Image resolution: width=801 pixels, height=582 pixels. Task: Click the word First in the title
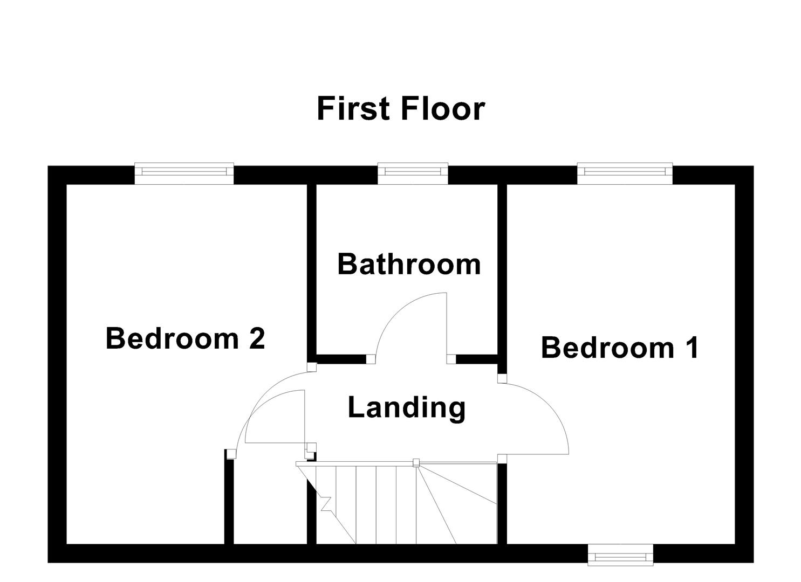tap(353, 108)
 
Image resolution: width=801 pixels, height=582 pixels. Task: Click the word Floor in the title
tap(442, 108)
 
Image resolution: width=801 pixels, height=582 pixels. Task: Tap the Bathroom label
tap(409, 264)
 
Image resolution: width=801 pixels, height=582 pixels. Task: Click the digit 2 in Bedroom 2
tap(256, 338)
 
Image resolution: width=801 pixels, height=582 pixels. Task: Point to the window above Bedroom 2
tap(184, 171)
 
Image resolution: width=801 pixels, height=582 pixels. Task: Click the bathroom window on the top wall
tap(413, 171)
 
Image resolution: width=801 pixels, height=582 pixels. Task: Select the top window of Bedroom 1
tap(625, 171)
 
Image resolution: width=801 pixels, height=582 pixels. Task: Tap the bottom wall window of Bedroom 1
tap(620, 555)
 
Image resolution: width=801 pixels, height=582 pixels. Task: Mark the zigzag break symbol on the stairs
tap(325, 503)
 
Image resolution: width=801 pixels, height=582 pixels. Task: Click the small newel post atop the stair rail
tap(415, 462)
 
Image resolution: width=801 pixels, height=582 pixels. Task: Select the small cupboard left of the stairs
tap(270, 501)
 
